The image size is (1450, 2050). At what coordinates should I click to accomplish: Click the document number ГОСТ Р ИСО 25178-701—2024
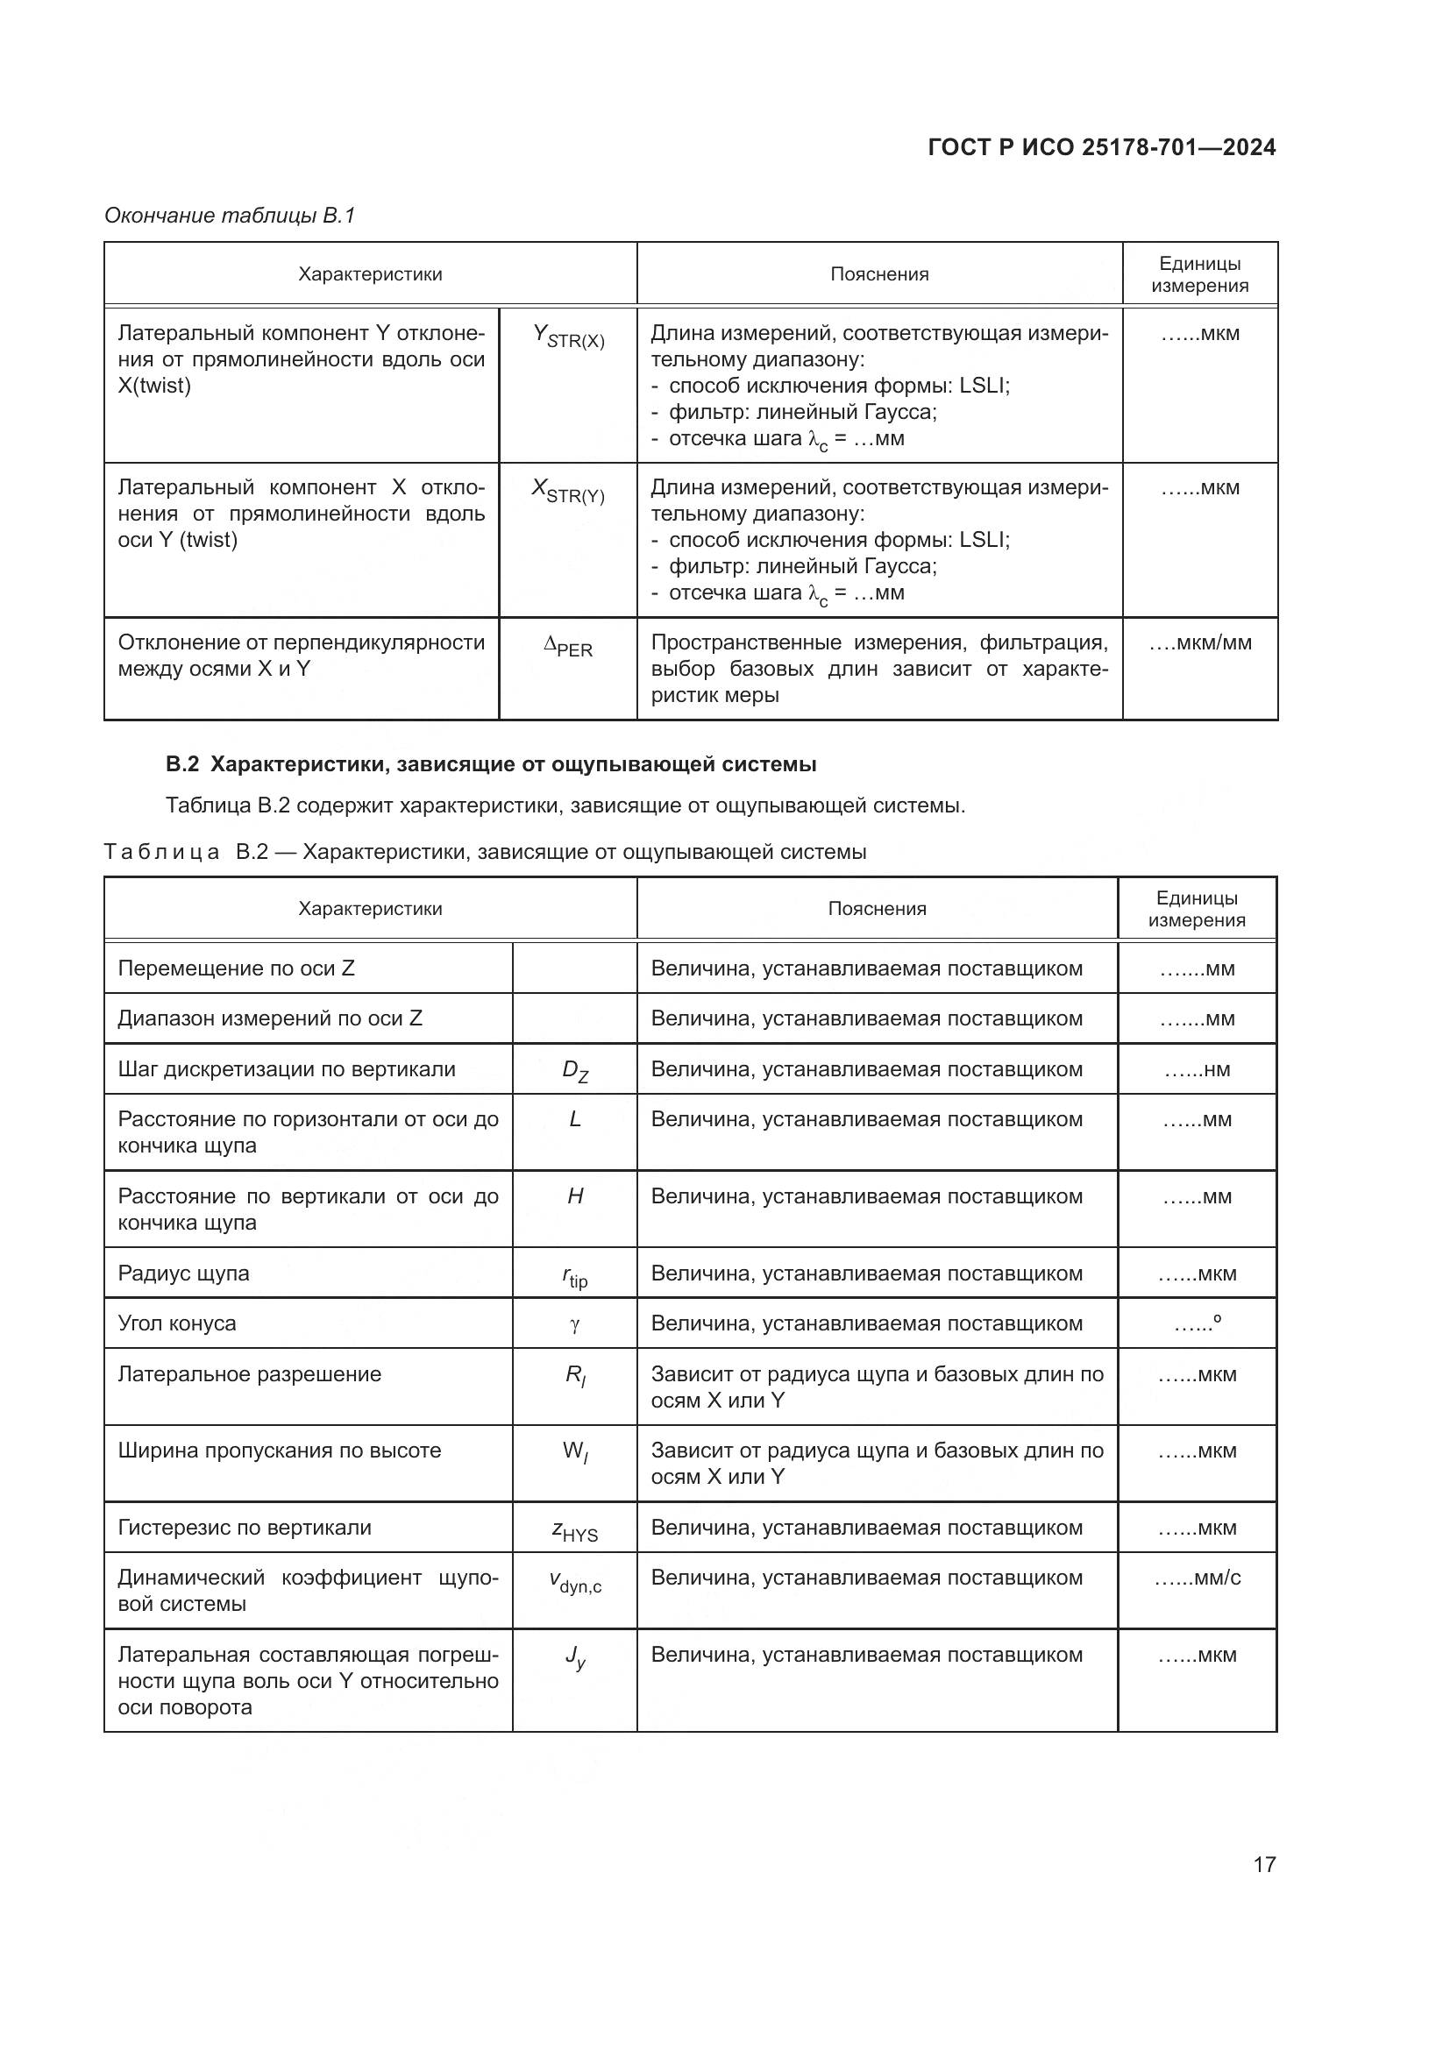coord(1101,147)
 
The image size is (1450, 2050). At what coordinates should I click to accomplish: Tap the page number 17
coord(1264,1864)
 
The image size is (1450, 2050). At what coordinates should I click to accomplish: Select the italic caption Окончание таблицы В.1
coord(230,216)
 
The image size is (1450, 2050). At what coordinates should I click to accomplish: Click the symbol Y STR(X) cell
coord(569,337)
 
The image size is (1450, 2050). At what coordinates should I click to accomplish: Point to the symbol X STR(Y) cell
coord(569,491)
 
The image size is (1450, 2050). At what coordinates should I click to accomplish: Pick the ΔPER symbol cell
coord(569,647)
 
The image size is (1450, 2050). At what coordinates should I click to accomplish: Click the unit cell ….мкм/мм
coord(1200,642)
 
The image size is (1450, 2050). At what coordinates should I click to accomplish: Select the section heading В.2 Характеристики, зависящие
coord(491,764)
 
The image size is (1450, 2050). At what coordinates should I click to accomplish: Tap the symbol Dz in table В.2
coord(575,1070)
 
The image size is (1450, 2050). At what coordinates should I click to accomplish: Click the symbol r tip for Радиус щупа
coord(575,1277)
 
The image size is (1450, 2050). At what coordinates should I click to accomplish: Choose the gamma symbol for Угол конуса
coord(575,1325)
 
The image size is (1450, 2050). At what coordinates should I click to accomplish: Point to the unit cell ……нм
coord(1198,1069)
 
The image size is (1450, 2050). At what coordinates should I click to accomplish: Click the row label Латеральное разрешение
coord(250,1374)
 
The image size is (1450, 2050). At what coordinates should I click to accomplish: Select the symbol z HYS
coord(575,1530)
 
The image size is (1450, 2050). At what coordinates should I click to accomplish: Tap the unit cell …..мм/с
coord(1198,1578)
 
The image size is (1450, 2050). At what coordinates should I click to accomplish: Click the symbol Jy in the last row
coord(575,1657)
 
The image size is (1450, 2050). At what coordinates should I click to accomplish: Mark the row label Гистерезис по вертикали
coord(245,1528)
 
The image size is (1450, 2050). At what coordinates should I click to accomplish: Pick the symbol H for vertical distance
coord(575,1196)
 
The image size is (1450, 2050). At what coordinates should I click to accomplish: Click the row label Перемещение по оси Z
coord(237,968)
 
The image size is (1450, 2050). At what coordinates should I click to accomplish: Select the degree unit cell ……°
coord(1198,1324)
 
